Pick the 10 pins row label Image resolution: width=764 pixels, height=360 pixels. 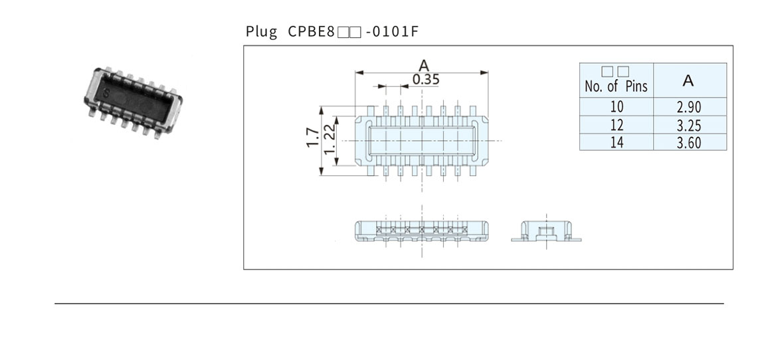click(x=617, y=108)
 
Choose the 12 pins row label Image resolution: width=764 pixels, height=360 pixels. click(x=617, y=125)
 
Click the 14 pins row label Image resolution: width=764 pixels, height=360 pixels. click(x=617, y=142)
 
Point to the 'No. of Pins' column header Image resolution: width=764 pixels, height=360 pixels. click(x=616, y=81)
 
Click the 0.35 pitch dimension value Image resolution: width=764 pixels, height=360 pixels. click(x=426, y=80)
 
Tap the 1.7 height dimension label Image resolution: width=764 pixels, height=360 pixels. click(x=312, y=139)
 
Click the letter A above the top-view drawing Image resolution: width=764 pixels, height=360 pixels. click(x=423, y=64)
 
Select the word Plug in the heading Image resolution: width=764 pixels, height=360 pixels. click(x=261, y=31)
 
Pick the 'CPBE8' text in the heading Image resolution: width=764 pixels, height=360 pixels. click(x=310, y=31)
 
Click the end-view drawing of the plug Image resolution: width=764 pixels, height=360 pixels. click(x=547, y=232)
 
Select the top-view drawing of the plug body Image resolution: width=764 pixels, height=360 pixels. click(x=422, y=140)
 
